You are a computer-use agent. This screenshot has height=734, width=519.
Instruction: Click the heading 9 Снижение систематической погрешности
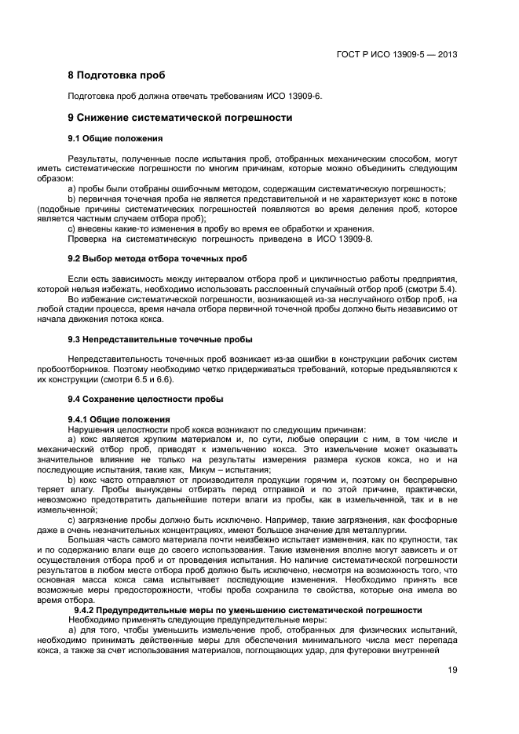pyautogui.click(x=180, y=118)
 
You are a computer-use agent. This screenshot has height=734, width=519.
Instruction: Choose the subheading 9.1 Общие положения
pyautogui.click(x=115, y=139)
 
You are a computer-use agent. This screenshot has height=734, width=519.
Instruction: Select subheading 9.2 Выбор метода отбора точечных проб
pyautogui.click(x=157, y=258)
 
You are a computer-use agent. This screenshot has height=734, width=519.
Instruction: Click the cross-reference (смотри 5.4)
pyautogui.click(x=431, y=290)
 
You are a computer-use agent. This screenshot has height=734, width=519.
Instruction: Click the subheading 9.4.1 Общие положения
pyautogui.click(x=119, y=419)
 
